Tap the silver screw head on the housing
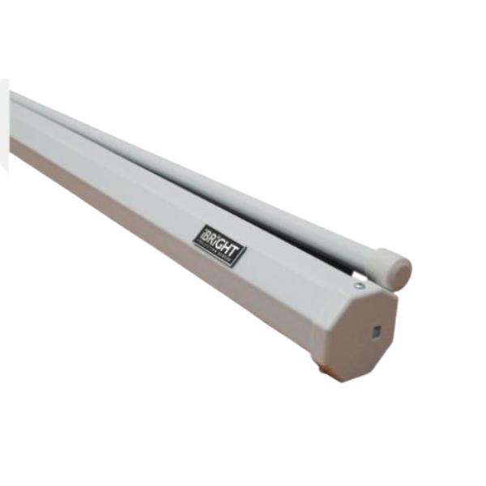(x=358, y=285)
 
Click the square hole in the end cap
(x=376, y=332)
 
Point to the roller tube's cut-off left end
(x=15, y=98)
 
